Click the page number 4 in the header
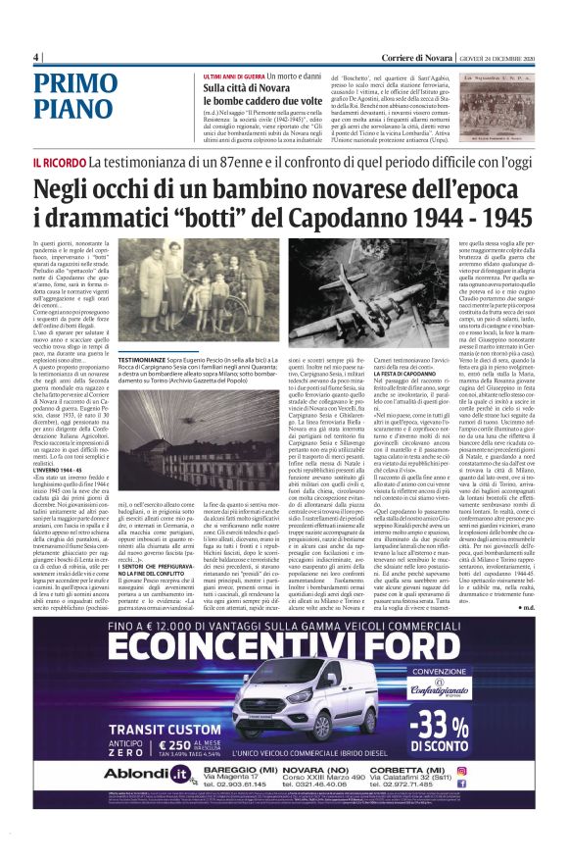tap(36, 56)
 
